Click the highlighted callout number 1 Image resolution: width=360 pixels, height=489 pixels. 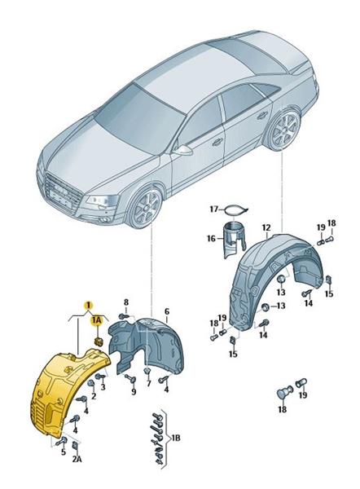89,304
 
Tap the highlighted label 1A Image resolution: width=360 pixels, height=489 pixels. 97,320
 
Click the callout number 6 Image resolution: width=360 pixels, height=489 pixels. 167,311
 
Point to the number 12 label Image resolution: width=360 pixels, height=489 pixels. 266,227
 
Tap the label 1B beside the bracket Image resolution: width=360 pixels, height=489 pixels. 176,438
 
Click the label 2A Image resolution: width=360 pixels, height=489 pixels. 77,459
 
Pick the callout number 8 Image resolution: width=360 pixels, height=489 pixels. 126,302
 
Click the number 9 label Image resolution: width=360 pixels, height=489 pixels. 134,392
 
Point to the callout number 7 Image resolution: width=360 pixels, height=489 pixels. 149,383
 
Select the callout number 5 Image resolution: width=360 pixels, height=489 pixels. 64,452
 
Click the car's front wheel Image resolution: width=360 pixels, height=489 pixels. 145,208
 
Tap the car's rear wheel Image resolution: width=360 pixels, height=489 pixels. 283,130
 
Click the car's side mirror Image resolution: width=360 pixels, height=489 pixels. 183,151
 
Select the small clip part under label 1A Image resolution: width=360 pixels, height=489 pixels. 99,341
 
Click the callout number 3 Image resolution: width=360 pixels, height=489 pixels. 103,386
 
